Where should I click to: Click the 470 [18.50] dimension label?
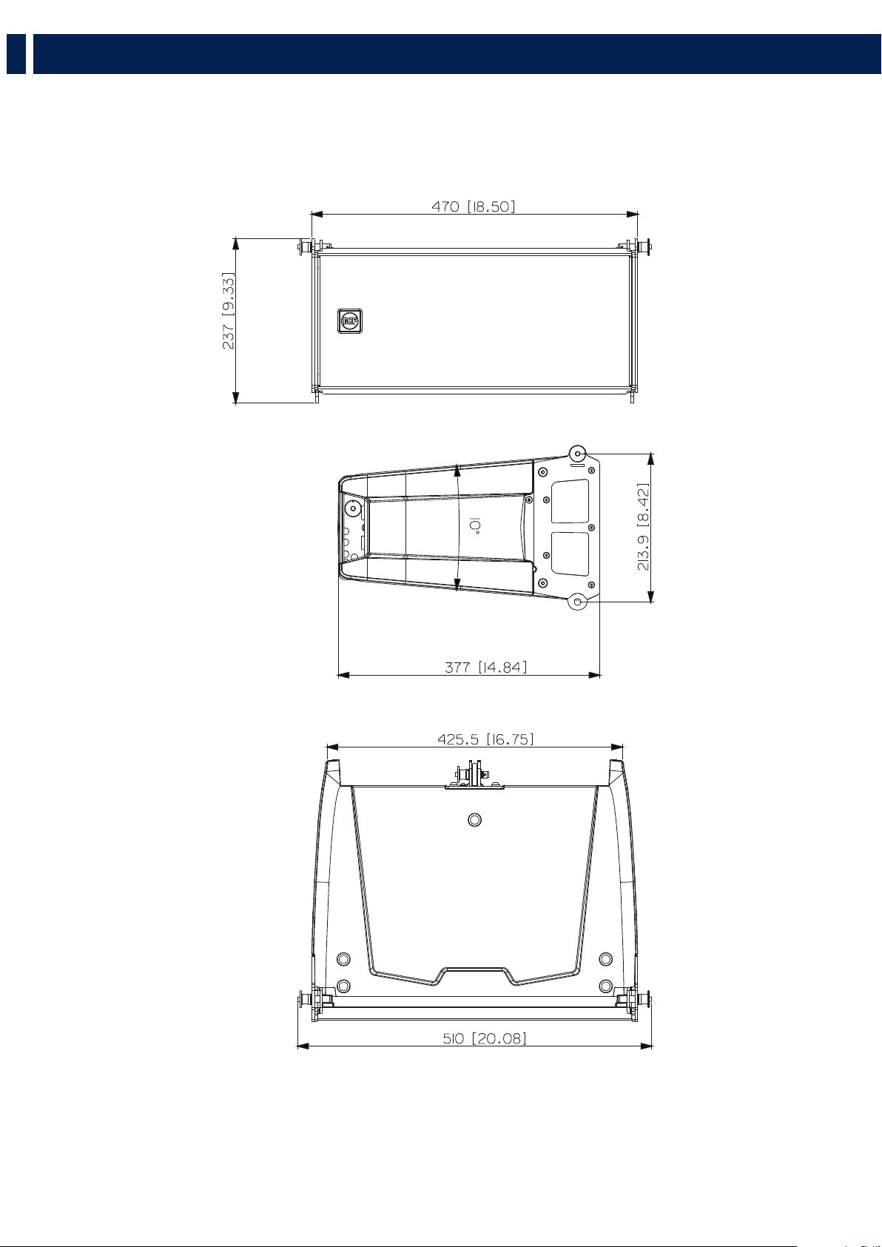tap(473, 206)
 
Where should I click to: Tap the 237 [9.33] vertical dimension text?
tap(229, 311)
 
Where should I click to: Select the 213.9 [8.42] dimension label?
tap(643, 527)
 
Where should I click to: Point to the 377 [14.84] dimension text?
tap(485, 667)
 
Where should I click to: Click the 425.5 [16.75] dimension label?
tap(485, 739)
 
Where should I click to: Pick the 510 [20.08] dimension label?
tap(484, 1038)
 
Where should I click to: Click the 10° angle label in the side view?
tap(474, 525)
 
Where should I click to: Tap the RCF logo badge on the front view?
tap(350, 320)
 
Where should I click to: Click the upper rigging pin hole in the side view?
tap(578, 454)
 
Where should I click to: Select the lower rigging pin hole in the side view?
tap(578, 602)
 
